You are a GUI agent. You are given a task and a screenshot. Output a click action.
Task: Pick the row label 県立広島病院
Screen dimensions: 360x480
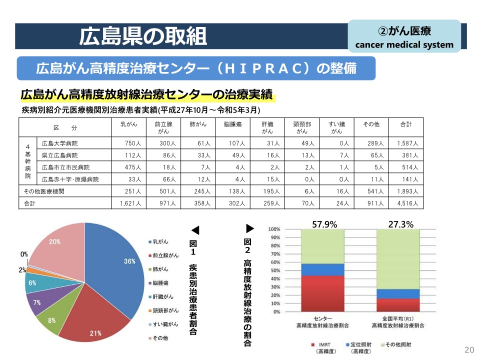(60, 155)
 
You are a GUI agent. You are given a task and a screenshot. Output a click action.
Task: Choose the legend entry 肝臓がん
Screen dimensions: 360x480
(163, 296)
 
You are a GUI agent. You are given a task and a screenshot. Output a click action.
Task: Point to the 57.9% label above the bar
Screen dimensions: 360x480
(324, 224)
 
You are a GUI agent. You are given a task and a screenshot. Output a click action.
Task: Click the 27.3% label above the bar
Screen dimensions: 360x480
(401, 224)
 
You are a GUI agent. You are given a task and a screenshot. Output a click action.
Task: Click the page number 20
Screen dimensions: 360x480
(469, 350)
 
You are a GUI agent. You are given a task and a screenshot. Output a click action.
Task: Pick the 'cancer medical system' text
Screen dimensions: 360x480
(404, 44)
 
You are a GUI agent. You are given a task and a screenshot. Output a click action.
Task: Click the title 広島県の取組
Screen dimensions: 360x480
(143, 35)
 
